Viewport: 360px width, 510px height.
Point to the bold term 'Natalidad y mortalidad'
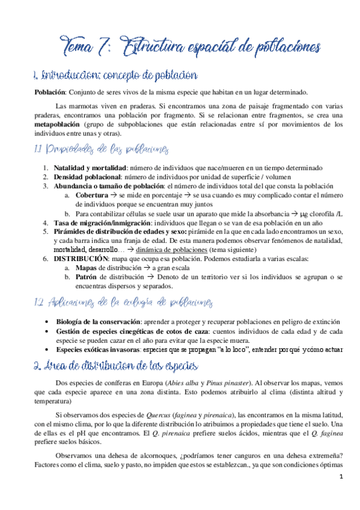[x=88, y=168]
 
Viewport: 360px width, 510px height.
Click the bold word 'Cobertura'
[x=92, y=195]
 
